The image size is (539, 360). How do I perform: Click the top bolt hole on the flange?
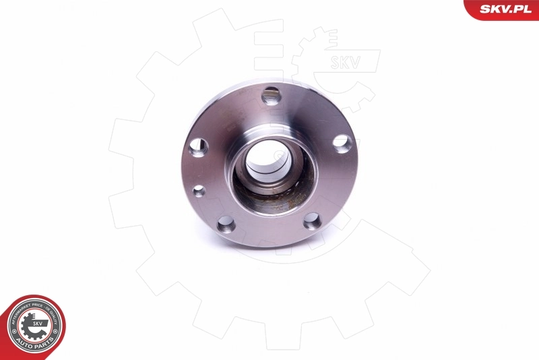pyautogui.click(x=271, y=95)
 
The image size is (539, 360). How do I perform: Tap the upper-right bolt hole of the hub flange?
pyautogui.click(x=342, y=143)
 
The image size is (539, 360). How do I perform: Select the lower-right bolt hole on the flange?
pyautogui.click(x=311, y=221)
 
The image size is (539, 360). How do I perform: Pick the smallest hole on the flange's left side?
pyautogui.click(x=199, y=191)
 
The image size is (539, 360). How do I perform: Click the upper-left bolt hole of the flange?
pyautogui.click(x=198, y=147)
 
